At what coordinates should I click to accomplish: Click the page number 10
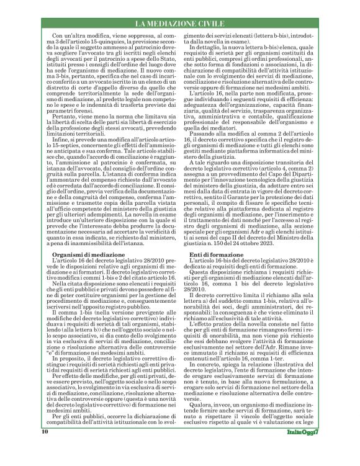point(28,447)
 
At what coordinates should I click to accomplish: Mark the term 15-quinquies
point(81,41)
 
